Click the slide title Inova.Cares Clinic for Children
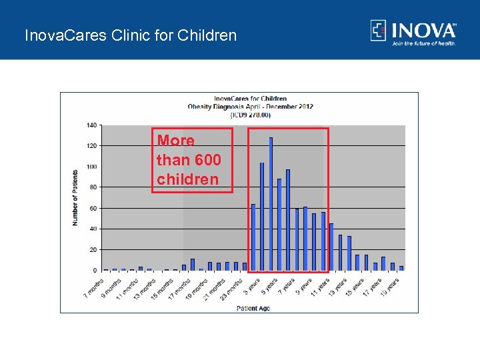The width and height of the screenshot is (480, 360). pos(130,35)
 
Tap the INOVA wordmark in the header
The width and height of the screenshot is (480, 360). pos(423,31)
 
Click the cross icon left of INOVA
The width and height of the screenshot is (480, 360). pos(379,31)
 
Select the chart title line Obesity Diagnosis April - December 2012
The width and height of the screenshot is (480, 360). pos(250,107)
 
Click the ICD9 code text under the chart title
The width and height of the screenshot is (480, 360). pos(250,115)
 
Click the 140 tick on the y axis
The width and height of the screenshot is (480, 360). pos(91,125)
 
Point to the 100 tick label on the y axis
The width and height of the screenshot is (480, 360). pos(91,167)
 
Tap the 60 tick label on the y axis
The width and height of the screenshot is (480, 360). pos(93,208)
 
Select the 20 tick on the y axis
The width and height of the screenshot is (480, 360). pos(93,249)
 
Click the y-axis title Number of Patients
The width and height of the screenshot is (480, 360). pos(75,197)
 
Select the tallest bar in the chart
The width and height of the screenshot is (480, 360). pos(271,203)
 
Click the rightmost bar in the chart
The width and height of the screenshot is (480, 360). pos(401,268)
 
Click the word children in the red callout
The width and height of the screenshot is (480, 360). pos(187,179)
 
